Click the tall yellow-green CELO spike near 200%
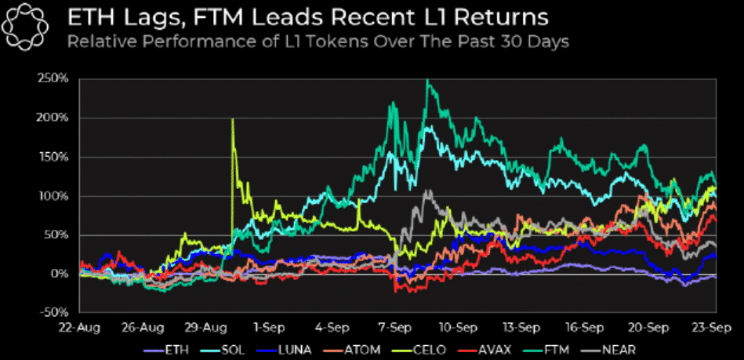tap(233, 122)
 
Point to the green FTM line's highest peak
tap(427, 82)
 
